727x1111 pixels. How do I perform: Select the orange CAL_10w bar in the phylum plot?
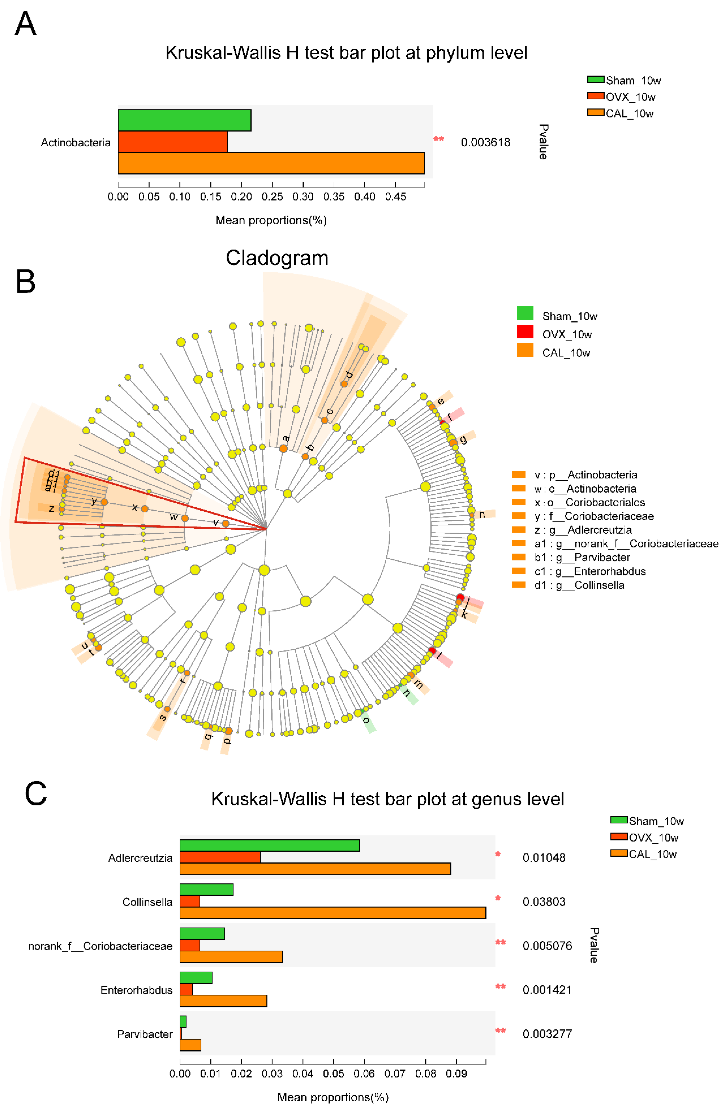click(271, 163)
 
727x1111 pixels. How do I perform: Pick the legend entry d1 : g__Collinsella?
click(579, 585)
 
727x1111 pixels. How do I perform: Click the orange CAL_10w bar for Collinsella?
click(333, 913)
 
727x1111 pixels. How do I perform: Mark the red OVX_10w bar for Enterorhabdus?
click(186, 989)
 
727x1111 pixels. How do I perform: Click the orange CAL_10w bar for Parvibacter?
click(190, 1045)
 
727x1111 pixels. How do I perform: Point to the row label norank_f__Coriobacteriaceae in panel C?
click(100, 946)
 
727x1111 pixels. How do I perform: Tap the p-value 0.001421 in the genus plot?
click(547, 990)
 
